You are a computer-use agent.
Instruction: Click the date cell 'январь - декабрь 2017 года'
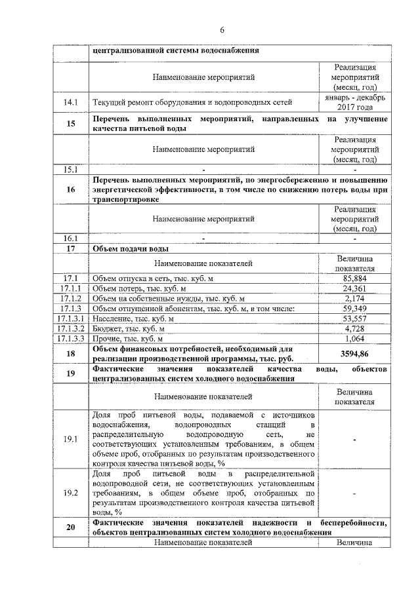tap(354, 102)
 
